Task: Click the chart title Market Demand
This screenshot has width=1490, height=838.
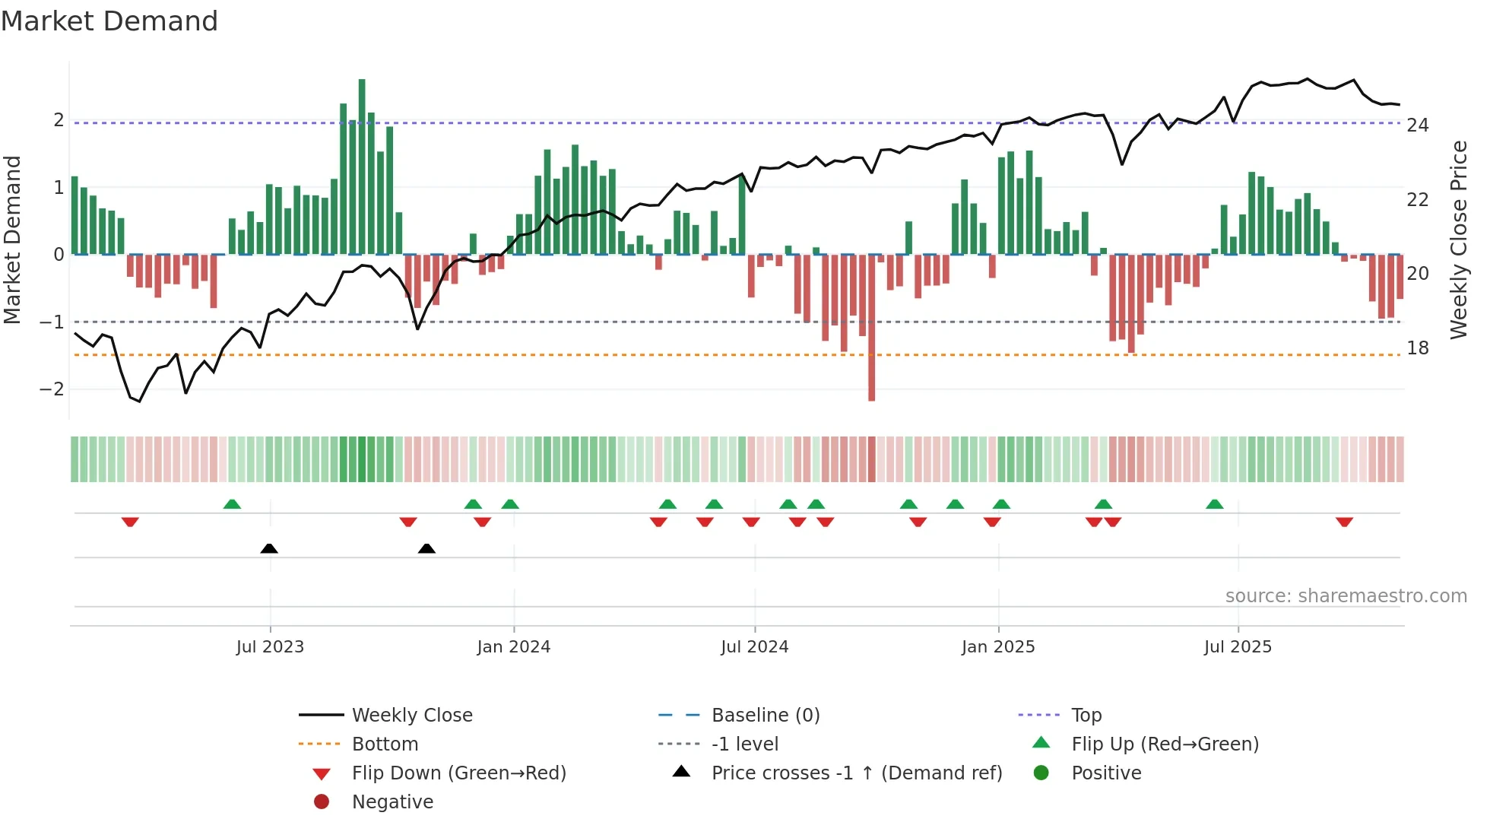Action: tap(109, 21)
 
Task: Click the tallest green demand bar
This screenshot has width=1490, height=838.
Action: tap(362, 167)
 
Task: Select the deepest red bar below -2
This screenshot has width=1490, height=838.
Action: tap(871, 327)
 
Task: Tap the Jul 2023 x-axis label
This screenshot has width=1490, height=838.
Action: tap(270, 647)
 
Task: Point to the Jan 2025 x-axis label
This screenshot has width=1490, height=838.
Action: tap(997, 647)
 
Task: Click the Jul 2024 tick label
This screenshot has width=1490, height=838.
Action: tap(754, 647)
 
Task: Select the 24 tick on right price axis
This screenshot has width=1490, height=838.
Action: tap(1417, 125)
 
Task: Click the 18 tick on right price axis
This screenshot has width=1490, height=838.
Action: tap(1417, 348)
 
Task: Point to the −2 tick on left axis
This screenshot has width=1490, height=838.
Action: tap(52, 389)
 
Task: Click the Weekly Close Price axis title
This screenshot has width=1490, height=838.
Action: tap(1458, 240)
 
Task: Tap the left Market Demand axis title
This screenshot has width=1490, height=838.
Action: tap(12, 240)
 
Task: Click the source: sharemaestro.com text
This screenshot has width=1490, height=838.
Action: tap(1346, 596)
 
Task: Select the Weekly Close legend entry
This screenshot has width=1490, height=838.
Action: tap(411, 716)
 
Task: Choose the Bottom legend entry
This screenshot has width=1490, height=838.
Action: tap(385, 744)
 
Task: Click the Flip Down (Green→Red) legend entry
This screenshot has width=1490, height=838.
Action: tap(458, 773)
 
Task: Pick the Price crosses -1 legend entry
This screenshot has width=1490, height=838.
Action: tap(856, 773)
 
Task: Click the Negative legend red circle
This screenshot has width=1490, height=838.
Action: tap(322, 802)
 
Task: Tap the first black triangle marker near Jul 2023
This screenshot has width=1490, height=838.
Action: tap(269, 548)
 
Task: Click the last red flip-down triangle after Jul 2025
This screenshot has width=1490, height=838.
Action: tap(1344, 522)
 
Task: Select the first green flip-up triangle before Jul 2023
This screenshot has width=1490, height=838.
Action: tap(232, 504)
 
